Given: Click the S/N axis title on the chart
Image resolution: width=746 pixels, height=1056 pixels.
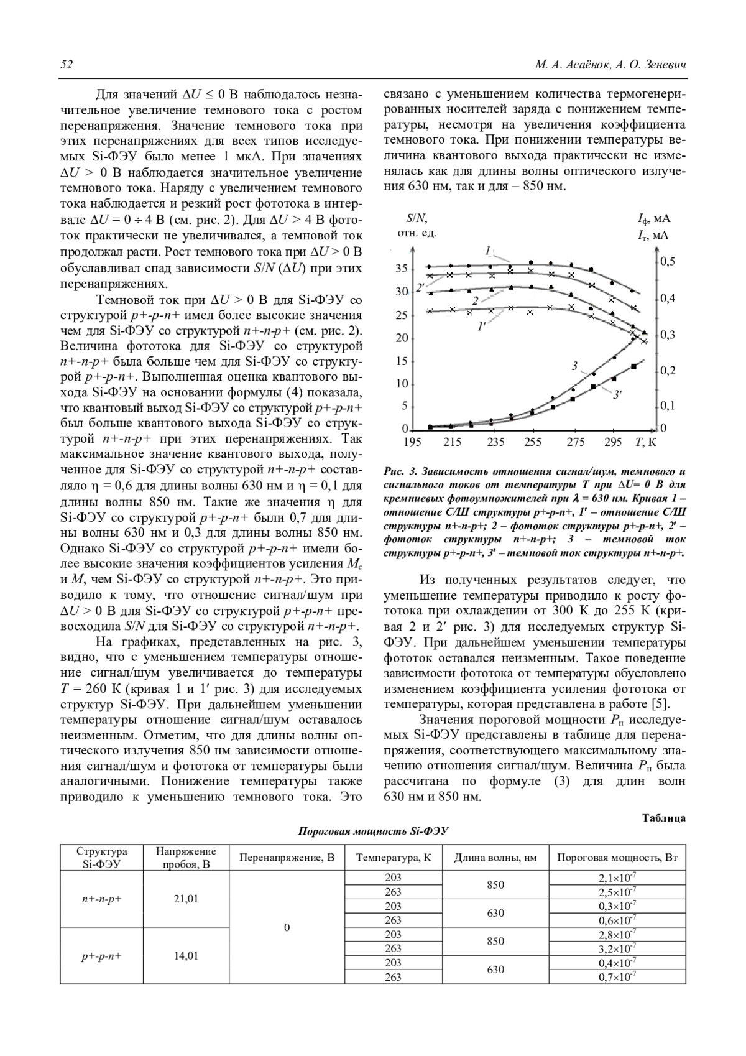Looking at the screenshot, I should (x=417, y=218).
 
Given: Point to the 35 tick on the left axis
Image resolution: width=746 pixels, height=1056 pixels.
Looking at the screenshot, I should (x=402, y=269).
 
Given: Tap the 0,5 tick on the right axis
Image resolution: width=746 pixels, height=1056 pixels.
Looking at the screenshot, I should (x=667, y=262).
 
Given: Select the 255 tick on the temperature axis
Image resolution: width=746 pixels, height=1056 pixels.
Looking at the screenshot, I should (x=533, y=442).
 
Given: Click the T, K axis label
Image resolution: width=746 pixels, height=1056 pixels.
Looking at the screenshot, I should (x=646, y=442).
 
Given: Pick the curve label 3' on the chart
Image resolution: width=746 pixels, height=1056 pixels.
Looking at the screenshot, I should (x=618, y=393).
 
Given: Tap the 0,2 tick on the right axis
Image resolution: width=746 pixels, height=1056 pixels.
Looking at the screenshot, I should (x=667, y=371).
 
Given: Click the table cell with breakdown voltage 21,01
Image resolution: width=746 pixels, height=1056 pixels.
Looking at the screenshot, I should (x=186, y=899).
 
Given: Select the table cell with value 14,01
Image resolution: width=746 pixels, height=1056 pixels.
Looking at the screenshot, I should (x=186, y=956).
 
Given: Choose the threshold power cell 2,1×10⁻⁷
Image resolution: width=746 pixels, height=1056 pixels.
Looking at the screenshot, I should (x=617, y=878).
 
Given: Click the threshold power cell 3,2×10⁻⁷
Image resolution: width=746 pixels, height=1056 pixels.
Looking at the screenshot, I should (x=617, y=949).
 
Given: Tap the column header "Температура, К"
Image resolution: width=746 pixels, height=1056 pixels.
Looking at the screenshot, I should (x=393, y=858).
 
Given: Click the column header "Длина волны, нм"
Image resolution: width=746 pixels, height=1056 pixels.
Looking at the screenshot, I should (x=495, y=858).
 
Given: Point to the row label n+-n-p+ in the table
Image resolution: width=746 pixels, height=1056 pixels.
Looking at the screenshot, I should (x=101, y=899).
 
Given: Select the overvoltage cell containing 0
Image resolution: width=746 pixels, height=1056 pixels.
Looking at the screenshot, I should (x=287, y=927).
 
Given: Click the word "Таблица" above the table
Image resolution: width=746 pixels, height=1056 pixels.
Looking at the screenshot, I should (x=663, y=818).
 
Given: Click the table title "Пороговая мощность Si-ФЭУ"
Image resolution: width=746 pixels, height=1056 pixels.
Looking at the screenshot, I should (x=373, y=831).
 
